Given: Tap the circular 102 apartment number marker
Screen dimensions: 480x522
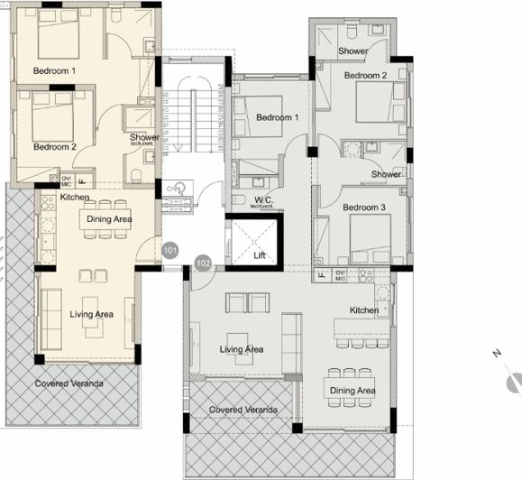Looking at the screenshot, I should [x=203, y=263].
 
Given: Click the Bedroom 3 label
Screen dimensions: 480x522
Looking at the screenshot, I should [x=364, y=208].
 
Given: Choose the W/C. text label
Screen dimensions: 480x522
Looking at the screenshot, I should [x=264, y=199].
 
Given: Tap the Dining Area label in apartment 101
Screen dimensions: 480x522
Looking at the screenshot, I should [x=111, y=218].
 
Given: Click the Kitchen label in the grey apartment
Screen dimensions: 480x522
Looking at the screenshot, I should [x=364, y=310].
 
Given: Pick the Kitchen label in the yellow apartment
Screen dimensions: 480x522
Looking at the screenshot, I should [x=74, y=197].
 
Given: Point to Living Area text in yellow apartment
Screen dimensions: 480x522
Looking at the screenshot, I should [x=92, y=314].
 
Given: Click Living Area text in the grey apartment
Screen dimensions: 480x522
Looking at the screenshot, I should [x=242, y=349].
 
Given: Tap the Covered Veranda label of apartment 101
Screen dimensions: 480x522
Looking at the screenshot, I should [x=69, y=383].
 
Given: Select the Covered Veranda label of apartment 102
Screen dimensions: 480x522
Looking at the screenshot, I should [x=243, y=410].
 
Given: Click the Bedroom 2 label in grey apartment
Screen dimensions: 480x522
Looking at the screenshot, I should [x=365, y=76].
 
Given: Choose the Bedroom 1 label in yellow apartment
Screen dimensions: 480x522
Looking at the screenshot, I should [x=55, y=70].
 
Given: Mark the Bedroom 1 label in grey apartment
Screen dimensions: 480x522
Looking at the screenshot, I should [x=277, y=118].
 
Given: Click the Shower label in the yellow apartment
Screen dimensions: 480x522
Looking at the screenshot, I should [x=144, y=138].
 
